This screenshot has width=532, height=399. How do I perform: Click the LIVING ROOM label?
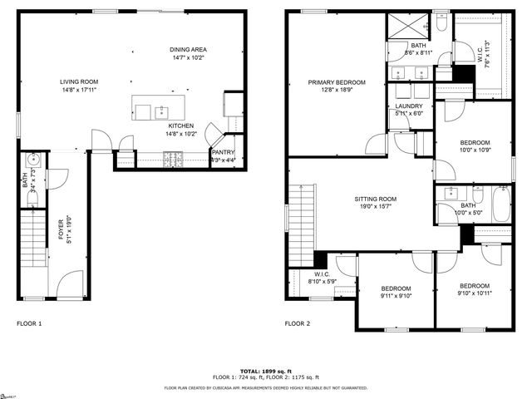tap(79, 81)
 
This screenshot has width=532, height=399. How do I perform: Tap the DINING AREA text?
tap(187, 49)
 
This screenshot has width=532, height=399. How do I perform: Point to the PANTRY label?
tap(223, 152)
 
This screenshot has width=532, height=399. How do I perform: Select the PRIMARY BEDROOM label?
tap(336, 82)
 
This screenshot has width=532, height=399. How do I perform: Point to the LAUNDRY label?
tap(409, 106)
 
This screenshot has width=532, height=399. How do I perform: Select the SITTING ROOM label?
tap(376, 199)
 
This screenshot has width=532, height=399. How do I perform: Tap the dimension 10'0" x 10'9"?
tap(475, 150)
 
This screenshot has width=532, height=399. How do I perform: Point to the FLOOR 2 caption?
tap(297, 323)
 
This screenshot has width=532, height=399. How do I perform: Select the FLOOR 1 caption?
tap(29, 323)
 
